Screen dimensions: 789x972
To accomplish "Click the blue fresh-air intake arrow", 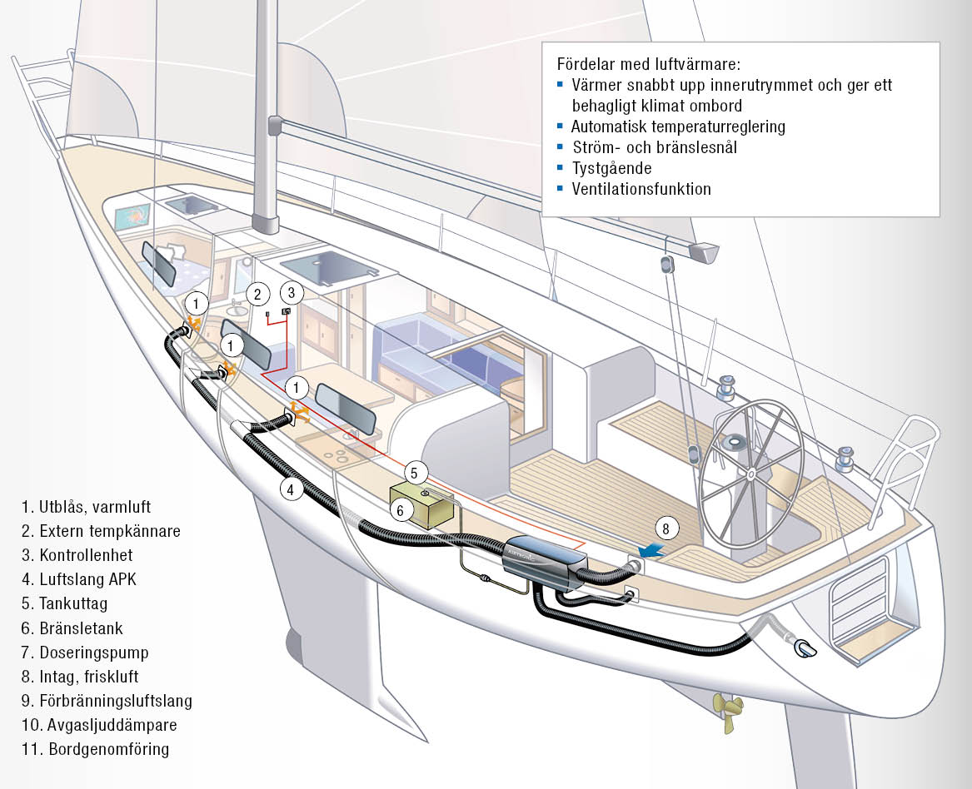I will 650,551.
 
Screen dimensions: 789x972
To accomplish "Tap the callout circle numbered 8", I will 665,528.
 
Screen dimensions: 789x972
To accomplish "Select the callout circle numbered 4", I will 290,490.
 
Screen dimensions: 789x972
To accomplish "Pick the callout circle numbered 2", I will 257,293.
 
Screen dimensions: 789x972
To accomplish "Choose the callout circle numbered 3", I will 290,292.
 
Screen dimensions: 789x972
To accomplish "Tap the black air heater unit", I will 542,561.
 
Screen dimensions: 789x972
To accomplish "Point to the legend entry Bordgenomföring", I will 96,749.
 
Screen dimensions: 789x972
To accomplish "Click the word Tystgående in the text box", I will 611,168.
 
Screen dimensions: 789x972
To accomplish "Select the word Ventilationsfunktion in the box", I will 641,189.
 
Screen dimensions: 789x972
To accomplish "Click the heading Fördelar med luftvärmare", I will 648,64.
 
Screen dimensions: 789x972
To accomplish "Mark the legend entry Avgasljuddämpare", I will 99,725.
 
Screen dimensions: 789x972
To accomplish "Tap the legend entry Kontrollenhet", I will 77,555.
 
